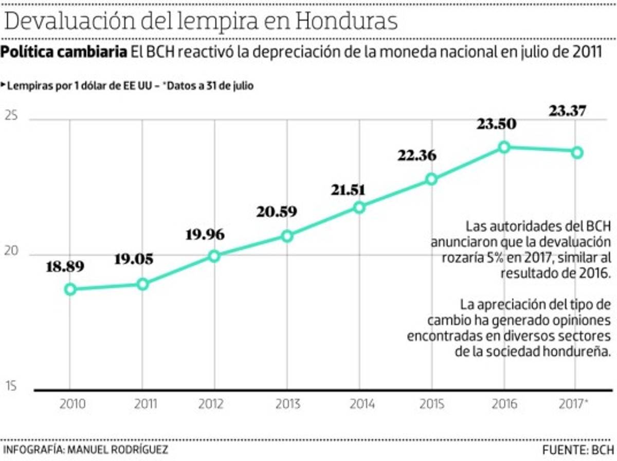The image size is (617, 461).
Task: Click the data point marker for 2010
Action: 70,289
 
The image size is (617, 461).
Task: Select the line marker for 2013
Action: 287,236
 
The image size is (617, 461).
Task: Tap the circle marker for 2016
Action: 504,147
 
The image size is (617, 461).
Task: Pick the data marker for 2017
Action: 577,152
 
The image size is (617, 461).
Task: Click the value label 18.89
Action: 65,267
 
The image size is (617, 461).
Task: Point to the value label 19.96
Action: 209,235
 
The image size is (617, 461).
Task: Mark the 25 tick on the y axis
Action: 11,116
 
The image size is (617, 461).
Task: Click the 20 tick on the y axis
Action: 11,252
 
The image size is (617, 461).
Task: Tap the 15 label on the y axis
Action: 11,387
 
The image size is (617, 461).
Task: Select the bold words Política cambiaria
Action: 64,52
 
